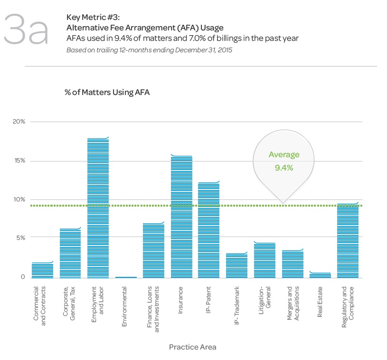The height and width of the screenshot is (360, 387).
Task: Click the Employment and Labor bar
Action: click(x=98, y=208)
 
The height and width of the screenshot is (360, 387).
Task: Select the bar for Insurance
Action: click(x=181, y=217)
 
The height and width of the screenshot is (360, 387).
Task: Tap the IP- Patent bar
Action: click(x=208, y=230)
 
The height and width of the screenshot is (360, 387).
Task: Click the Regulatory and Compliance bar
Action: click(x=347, y=240)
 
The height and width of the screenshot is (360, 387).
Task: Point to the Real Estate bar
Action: click(x=320, y=275)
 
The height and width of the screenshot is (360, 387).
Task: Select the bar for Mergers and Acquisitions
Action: click(x=292, y=264)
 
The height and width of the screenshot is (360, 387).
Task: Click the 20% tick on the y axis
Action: click(x=19, y=122)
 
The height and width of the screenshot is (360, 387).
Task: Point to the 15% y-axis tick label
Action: click(x=19, y=161)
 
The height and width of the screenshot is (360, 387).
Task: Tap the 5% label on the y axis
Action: click(x=20, y=237)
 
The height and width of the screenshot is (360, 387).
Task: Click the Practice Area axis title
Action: click(x=192, y=347)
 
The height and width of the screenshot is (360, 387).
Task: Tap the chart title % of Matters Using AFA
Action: click(x=107, y=92)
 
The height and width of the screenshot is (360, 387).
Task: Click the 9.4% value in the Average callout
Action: click(x=284, y=168)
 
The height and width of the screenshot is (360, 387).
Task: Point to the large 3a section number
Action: click(x=26, y=30)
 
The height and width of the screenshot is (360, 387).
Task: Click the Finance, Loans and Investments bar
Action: click(x=153, y=250)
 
